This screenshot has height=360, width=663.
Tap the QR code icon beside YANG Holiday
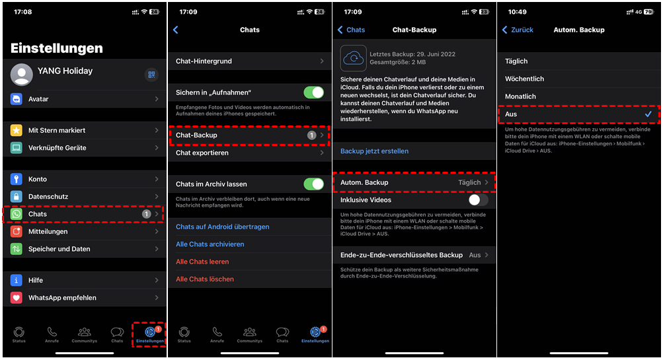pos(151,75)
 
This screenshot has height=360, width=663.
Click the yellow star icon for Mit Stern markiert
pos(16,130)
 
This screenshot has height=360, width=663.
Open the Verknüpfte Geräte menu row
pos(85,148)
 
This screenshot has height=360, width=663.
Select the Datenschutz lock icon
pos(16,196)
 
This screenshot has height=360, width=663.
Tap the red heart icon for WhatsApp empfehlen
pos(16,297)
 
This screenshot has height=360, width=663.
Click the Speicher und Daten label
pos(59,249)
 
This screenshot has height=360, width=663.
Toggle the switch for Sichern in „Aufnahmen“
pos(314,92)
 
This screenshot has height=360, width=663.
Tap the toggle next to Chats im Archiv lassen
pos(314,184)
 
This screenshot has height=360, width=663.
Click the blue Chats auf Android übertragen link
pos(222,227)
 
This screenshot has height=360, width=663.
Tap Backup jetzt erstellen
pos(374,151)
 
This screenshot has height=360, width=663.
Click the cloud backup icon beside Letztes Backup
pos(354,58)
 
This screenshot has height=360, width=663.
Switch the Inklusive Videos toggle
pos(478,200)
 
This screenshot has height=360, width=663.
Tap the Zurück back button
pos(518,30)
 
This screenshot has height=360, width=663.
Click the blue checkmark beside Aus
pos(648,114)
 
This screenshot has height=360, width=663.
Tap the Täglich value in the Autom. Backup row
pos(469,182)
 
